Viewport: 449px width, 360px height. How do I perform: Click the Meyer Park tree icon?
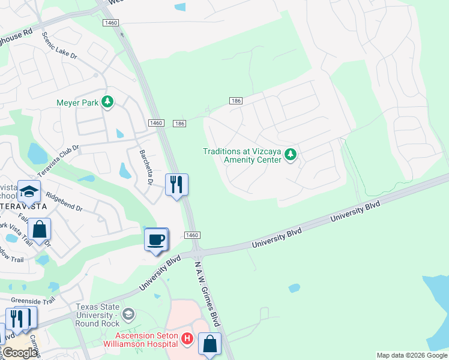pos(107,103)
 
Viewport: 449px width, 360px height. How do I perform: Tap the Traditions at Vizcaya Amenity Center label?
pos(242,156)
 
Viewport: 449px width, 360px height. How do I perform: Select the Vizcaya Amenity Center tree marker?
pos(291,156)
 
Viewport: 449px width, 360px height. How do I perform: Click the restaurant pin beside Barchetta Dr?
pos(176,184)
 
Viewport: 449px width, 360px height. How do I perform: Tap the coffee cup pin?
pos(156,240)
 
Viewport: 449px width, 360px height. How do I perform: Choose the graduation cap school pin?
pos(29,191)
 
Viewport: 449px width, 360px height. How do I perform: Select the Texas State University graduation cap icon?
pos(127,314)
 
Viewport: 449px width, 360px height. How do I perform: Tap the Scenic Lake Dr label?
pos(59,46)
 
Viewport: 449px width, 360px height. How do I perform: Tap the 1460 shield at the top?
pos(111,23)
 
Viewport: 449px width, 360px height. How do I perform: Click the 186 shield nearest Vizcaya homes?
pos(235,101)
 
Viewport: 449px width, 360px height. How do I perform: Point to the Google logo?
pos(20,353)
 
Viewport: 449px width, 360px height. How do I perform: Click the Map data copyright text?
pos(411,355)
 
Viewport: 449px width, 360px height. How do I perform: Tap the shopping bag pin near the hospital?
pos(209,344)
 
